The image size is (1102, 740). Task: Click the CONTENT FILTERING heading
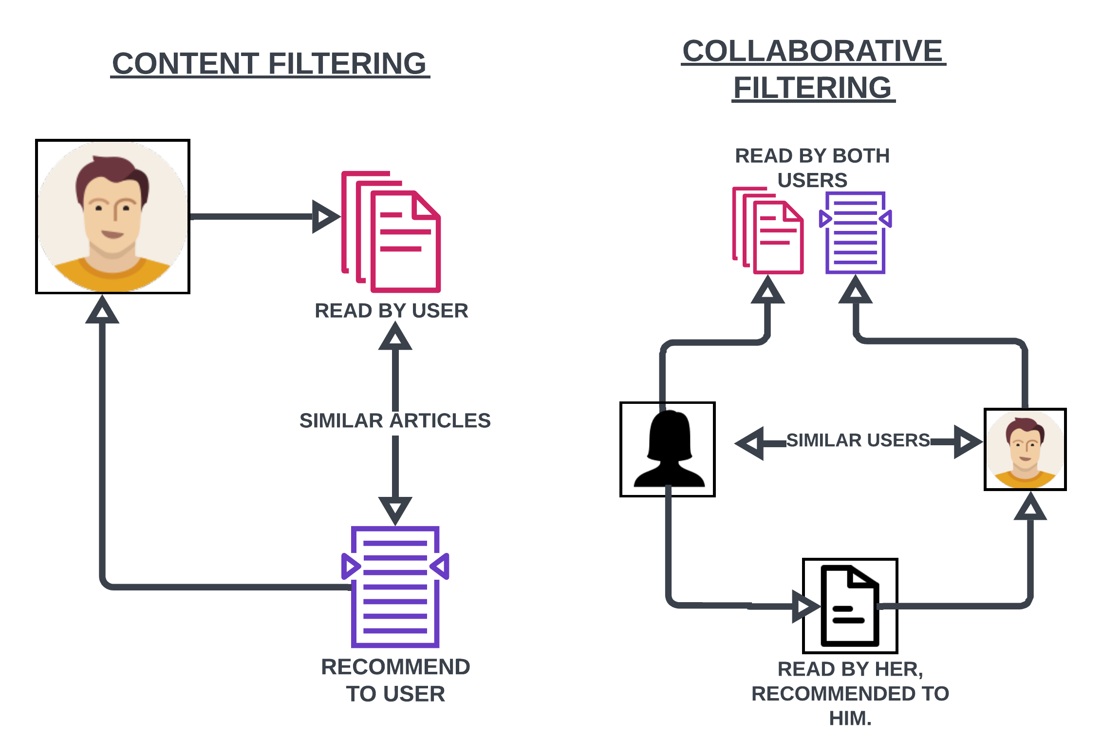coord(269,64)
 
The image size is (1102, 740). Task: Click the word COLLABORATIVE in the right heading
coord(812,51)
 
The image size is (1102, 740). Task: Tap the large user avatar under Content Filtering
coord(112,217)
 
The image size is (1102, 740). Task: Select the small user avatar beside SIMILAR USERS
coord(1025,449)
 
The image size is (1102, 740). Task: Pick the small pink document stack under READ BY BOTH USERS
coord(768,231)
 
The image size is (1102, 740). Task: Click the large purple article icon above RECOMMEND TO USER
coord(395,587)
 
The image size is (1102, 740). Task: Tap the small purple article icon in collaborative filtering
coord(856,233)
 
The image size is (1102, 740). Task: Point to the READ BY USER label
coord(391,311)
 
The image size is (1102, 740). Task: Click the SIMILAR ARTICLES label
coord(395,421)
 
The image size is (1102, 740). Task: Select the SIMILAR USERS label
coord(858,440)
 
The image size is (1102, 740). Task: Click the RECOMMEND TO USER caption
coord(395,681)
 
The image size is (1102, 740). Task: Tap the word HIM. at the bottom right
coord(850,719)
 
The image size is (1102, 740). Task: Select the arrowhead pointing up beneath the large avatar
coord(102,311)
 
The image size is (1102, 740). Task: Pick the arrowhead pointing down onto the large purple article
coord(395,509)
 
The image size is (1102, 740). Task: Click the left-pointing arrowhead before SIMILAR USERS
coord(750,443)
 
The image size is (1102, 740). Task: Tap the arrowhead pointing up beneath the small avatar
coord(1030,508)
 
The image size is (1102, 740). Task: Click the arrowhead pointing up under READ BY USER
coord(395,338)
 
